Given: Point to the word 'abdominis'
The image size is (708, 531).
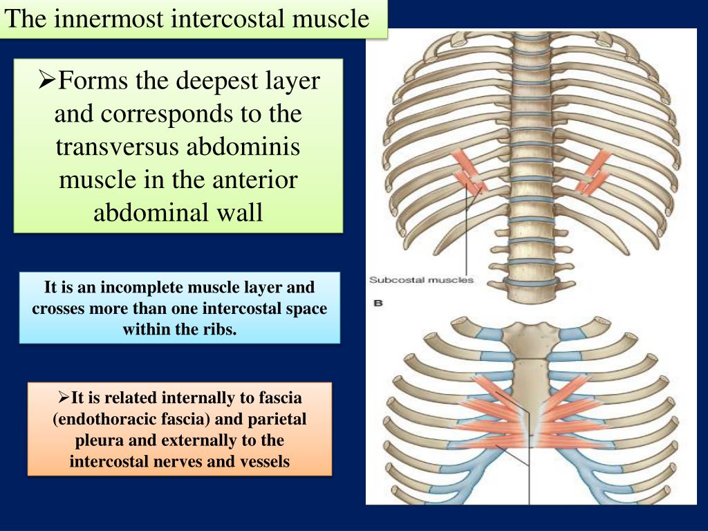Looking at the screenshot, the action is (243, 147).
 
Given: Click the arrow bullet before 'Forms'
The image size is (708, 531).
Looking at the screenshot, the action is (47, 80).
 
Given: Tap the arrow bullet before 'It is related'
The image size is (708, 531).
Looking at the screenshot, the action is (64, 398).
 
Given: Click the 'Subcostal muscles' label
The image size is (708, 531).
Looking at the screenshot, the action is (421, 280).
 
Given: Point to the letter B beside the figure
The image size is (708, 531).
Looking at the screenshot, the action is (378, 303).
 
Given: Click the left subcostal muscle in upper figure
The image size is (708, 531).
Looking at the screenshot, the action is (469, 173).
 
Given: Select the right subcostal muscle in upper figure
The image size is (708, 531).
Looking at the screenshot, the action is (593, 172).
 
